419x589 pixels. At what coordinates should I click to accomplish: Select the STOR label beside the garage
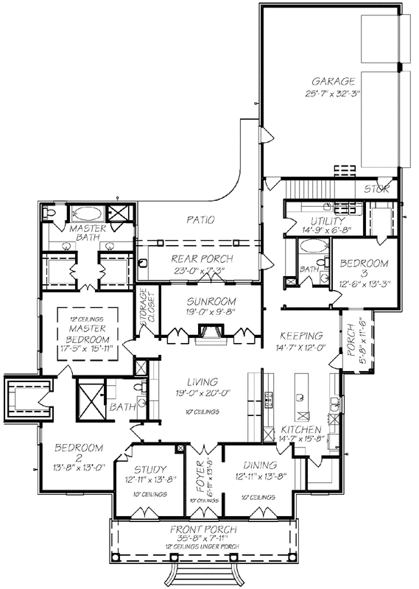(x=378, y=189)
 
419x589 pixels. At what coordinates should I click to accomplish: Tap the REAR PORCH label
(x=202, y=258)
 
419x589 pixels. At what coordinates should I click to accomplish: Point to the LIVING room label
(x=202, y=382)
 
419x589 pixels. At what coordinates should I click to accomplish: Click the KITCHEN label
(x=301, y=429)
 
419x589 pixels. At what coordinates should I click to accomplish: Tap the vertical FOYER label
(x=200, y=476)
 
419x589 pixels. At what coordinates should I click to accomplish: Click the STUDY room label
(x=149, y=470)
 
